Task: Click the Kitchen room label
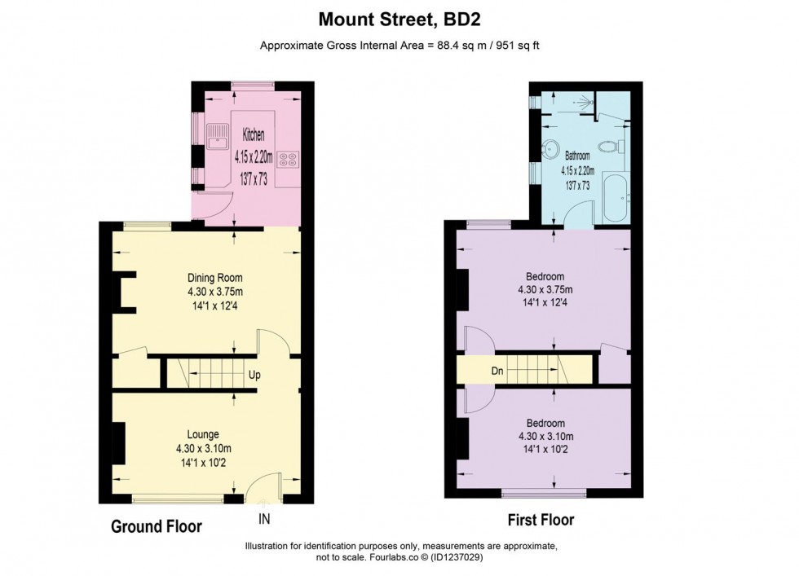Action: (254, 135)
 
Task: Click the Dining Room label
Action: (215, 278)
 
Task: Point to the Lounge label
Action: (203, 434)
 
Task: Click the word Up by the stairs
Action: (254, 375)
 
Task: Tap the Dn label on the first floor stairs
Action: (497, 371)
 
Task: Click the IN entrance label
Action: (264, 519)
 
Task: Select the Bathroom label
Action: (577, 156)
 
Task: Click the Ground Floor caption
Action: (157, 526)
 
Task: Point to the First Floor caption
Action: (541, 520)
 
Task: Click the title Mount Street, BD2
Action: (399, 20)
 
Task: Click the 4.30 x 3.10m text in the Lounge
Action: (203, 449)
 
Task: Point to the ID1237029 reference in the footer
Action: (457, 557)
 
